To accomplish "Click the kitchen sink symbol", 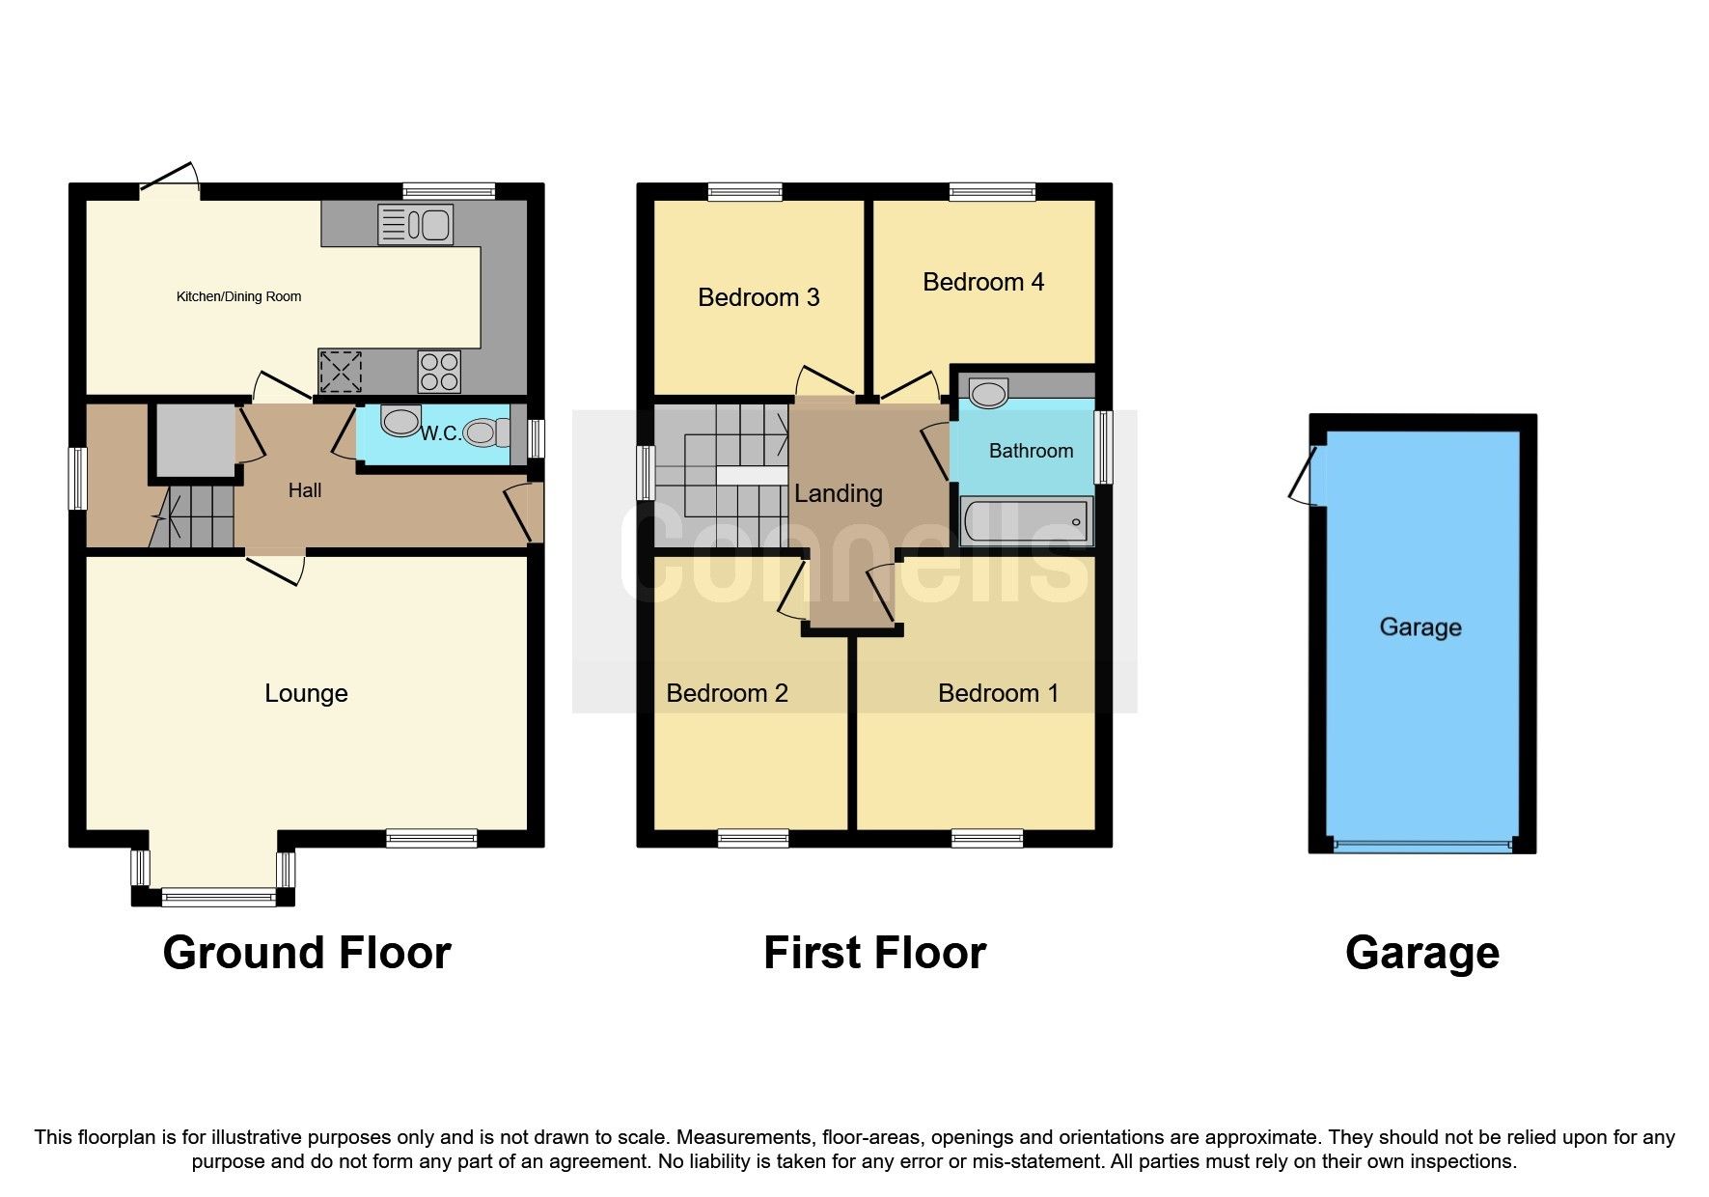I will [416, 225].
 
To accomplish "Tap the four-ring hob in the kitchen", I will [439, 372].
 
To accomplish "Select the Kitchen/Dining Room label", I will [238, 296].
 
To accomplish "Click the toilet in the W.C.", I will [486, 432].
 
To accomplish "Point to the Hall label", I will [305, 490].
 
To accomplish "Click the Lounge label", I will [306, 693].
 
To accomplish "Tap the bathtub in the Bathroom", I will [1027, 522].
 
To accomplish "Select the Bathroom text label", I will [1031, 451].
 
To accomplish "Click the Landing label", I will [838, 493].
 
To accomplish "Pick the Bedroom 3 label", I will [758, 297].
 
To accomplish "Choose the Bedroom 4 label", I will [983, 282].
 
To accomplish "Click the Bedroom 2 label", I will [727, 693].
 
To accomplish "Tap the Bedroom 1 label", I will [998, 693].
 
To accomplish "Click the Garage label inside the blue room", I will [1420, 627].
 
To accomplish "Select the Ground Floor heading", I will [307, 953].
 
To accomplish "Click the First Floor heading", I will [874, 953].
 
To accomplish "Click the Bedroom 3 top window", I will [744, 192].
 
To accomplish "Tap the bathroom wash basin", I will [988, 393].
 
